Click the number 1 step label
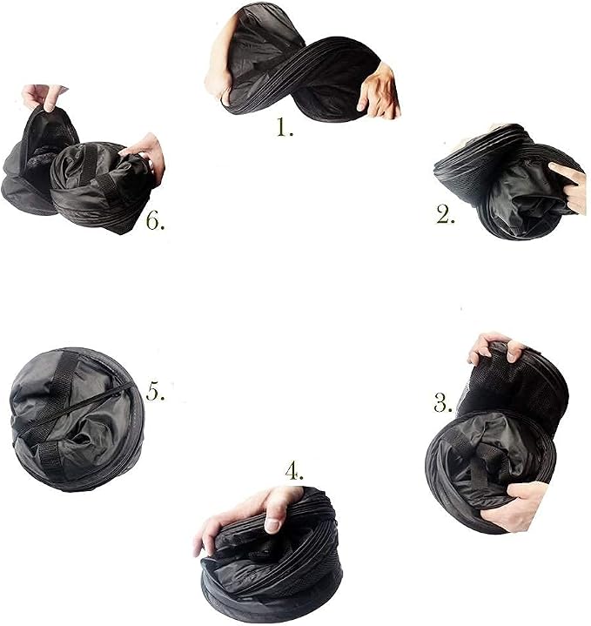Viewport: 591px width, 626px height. pos(285,128)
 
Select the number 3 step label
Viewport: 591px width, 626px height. pos(443,402)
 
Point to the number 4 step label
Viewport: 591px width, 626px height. pos(293,471)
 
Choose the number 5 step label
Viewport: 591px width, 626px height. pos(155,391)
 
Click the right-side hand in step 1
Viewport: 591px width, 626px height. pos(379,91)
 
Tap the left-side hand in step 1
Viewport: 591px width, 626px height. pos(218,60)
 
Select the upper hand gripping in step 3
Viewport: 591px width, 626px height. pos(495,348)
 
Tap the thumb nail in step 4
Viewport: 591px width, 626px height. pos(272,525)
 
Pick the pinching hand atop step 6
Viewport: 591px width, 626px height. pos(44,97)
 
